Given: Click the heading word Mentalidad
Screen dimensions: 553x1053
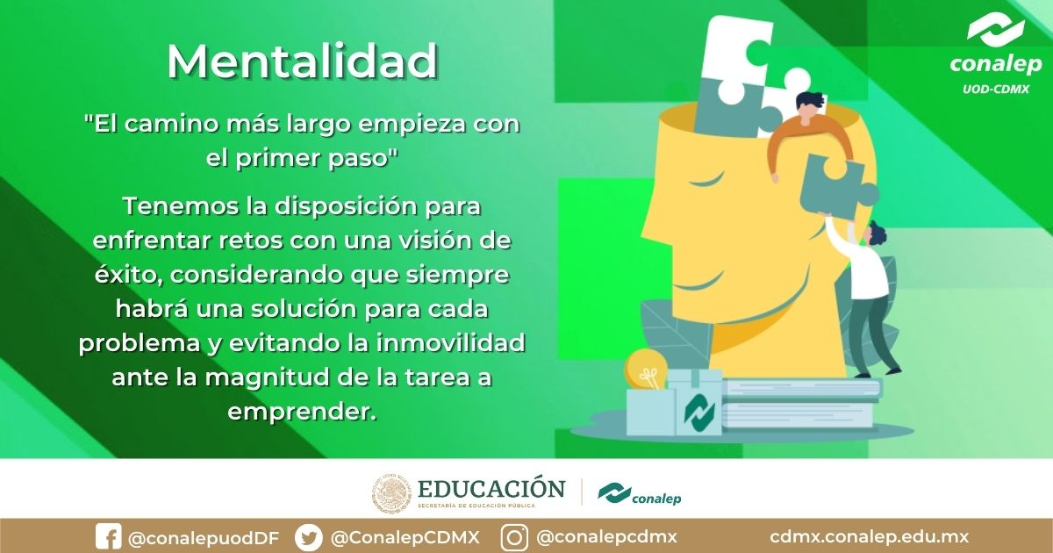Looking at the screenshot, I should coord(302,61).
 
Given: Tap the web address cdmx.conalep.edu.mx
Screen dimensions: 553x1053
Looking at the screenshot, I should coord(869,536).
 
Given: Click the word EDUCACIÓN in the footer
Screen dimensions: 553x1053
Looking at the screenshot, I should coord(491,488).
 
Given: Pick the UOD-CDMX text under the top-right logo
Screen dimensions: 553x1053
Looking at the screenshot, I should coord(996,89).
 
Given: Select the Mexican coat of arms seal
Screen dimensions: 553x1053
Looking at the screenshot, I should coord(391,494).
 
